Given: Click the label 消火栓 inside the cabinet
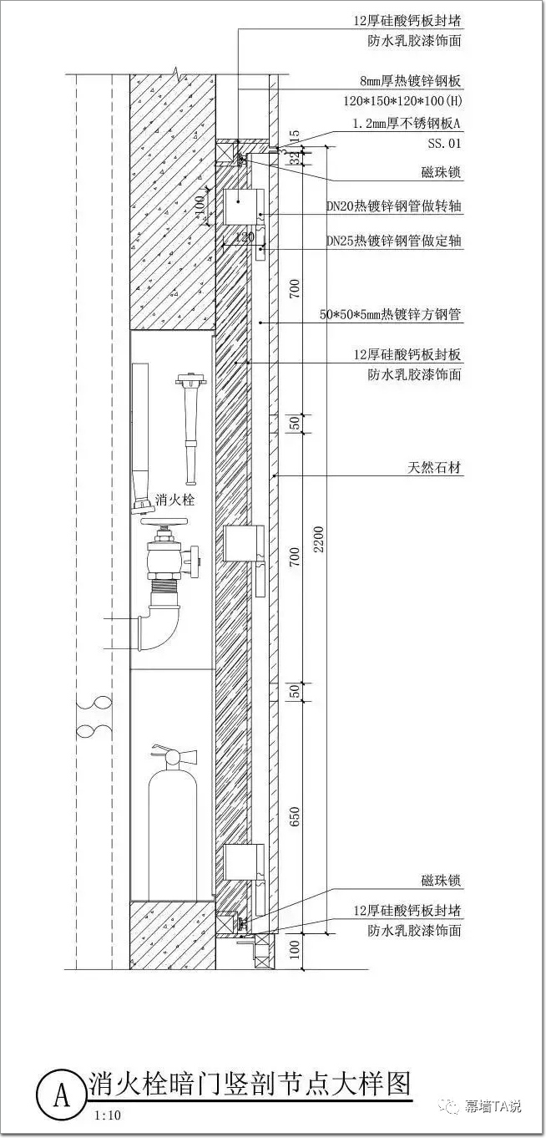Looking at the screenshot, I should point(174,500).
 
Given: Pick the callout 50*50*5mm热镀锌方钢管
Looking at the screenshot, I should point(391,315).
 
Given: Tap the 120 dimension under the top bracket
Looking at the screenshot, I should point(245,238).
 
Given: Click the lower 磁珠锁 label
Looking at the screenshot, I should point(441,881).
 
